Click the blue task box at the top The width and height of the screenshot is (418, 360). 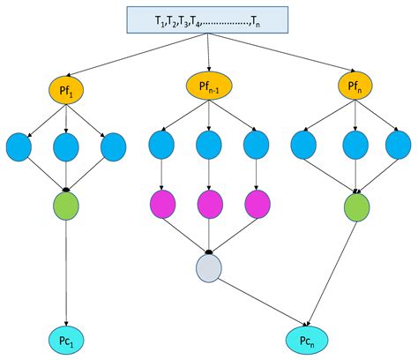[x=208, y=20]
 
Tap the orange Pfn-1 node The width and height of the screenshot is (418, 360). [x=209, y=86]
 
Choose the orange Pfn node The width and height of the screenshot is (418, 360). [x=355, y=86]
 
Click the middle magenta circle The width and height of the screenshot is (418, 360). [x=209, y=204]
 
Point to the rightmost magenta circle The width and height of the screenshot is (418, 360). [x=256, y=204]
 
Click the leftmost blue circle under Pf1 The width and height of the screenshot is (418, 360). [x=21, y=147]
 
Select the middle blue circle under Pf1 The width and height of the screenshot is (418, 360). [x=67, y=147]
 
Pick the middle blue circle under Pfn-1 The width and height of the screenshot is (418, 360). [x=209, y=145]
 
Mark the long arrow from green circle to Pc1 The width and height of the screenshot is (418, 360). [x=67, y=274]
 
